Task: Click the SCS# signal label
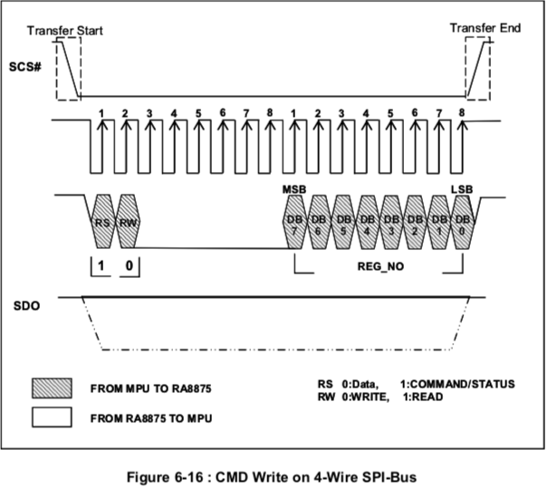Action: tap(25, 67)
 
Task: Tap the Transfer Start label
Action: tap(65, 31)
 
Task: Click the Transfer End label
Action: tap(485, 28)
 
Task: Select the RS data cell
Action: tap(102, 222)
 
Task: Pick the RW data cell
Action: tap(128, 222)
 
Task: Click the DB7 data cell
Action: tap(294, 222)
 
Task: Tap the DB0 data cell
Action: tap(463, 222)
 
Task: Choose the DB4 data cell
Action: tap(367, 222)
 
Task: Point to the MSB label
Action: tap(294, 189)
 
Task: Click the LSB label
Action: tap(462, 189)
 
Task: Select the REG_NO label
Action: tap(380, 266)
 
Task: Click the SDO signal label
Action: tap(26, 306)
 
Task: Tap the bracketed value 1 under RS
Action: tap(101, 266)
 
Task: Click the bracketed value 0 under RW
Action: tap(130, 266)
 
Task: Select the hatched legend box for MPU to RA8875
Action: tap(52, 388)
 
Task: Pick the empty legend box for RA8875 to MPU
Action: tap(52, 417)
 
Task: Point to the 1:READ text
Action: tap(423, 397)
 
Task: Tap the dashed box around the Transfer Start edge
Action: tap(56, 69)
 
